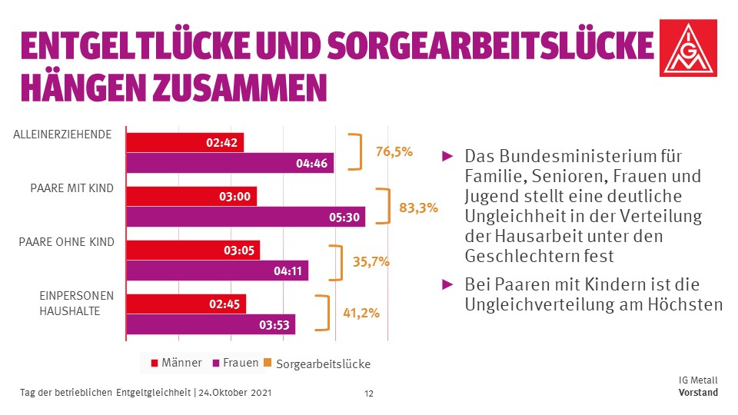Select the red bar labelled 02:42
tap(184, 143)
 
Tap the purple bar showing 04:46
tap(229, 163)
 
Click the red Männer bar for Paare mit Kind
tap(191, 197)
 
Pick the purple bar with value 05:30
tap(244, 217)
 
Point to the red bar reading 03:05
tap(192, 251)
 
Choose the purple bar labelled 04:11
tap(217, 271)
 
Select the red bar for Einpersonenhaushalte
tap(186, 304)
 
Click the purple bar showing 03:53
tap(210, 324)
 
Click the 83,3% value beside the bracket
tap(418, 207)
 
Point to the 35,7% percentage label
tap(371, 261)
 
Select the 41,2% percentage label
tap(360, 314)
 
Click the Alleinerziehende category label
tap(63, 134)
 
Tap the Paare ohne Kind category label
tap(66, 242)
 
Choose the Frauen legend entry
tap(235, 363)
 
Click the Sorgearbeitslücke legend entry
tap(316, 364)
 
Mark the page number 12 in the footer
tap(368, 393)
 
